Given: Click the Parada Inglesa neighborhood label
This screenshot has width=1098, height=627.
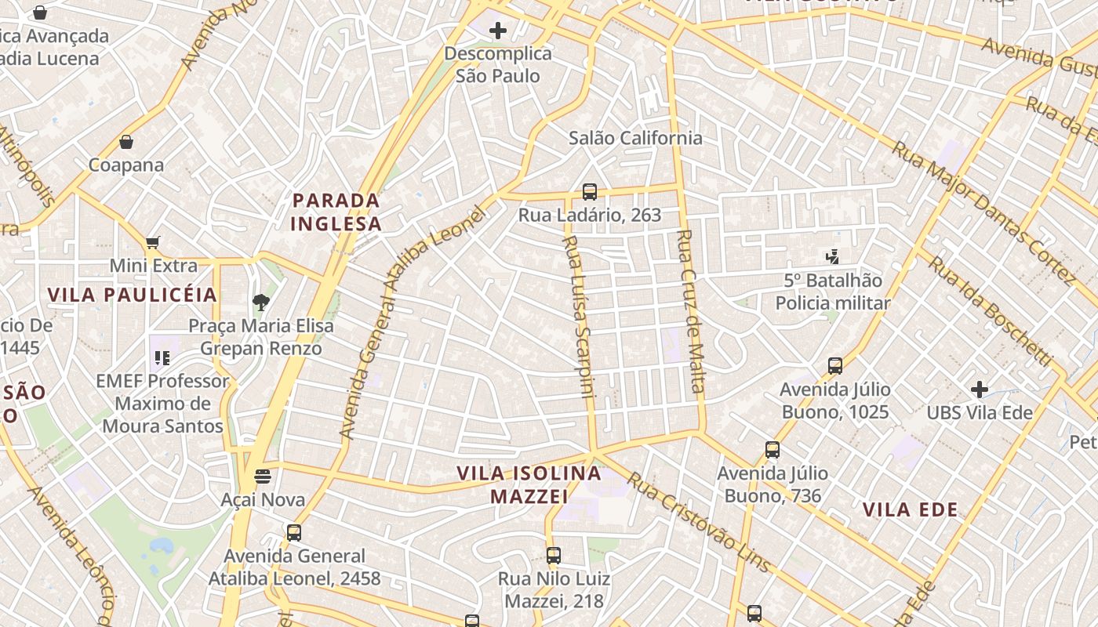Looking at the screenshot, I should pyautogui.click(x=336, y=212).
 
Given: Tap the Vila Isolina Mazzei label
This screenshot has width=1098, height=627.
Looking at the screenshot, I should pyautogui.click(x=529, y=484).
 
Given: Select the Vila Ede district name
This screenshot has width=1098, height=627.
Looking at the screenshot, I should pyautogui.click(x=910, y=510).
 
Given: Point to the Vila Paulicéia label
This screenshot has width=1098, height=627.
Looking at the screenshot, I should pyautogui.click(x=132, y=295).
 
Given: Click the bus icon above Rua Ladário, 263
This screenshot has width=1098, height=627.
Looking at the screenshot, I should pyautogui.click(x=590, y=192).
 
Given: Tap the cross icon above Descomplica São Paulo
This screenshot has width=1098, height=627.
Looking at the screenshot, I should pyautogui.click(x=497, y=31).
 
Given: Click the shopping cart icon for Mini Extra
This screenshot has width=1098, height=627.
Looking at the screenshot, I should pyautogui.click(x=153, y=243).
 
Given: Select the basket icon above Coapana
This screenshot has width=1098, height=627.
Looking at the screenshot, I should pyautogui.click(x=126, y=142).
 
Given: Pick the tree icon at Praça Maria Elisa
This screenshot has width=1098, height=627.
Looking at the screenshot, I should pyautogui.click(x=260, y=302).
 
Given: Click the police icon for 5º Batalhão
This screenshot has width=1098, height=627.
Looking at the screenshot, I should pyautogui.click(x=832, y=256).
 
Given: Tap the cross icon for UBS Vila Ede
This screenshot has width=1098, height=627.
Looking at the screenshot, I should pyautogui.click(x=979, y=389).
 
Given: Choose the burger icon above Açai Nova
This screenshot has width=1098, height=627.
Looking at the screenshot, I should pyautogui.click(x=263, y=476).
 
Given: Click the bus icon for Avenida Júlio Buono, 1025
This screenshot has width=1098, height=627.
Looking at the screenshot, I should pyautogui.click(x=835, y=365).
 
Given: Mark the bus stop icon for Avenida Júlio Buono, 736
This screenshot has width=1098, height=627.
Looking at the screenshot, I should pyautogui.click(x=773, y=450).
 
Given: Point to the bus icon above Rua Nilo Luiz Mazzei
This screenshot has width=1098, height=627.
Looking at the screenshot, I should pyautogui.click(x=554, y=556).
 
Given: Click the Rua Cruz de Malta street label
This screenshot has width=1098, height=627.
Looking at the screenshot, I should pyautogui.click(x=690, y=311).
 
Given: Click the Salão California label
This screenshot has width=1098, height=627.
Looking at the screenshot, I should pyautogui.click(x=635, y=138).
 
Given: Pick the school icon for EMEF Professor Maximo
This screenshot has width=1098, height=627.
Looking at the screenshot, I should pyautogui.click(x=162, y=358).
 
